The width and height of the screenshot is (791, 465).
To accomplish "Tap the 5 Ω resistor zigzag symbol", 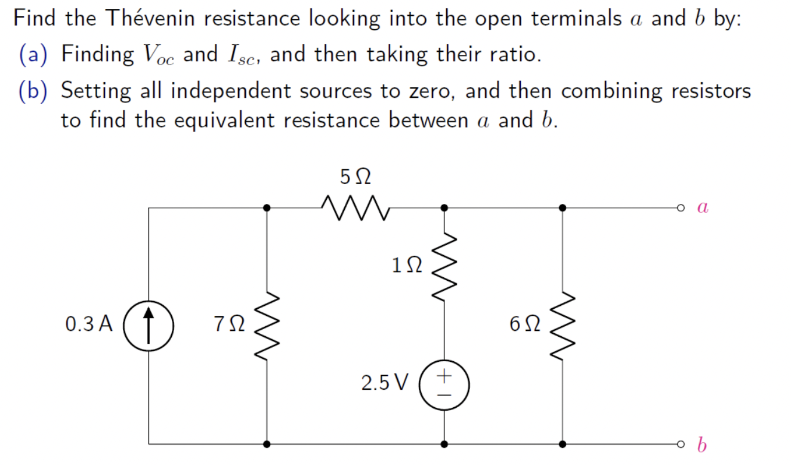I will pos(354,207).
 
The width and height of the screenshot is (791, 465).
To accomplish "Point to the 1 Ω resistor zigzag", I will pos(444,266).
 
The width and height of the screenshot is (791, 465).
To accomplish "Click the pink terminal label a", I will pos(702,207).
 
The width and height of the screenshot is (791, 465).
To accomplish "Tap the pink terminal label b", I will pos(702,444).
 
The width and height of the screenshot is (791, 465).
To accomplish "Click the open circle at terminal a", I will pos(680,207).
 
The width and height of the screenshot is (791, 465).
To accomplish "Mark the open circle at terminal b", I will pos(680,444).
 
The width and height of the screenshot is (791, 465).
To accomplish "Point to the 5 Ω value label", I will pos(355,176).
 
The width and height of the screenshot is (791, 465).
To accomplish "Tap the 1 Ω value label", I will pos(407,265).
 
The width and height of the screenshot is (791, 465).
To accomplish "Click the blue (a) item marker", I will pos(35,55).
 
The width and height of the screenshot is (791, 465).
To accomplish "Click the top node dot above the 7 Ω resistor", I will pos(267,207).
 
